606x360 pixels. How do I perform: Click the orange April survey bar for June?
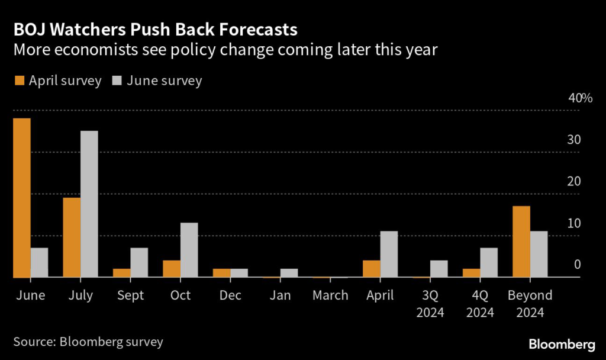21,198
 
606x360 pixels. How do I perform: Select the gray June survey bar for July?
89,204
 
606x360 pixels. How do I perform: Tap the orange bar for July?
72,237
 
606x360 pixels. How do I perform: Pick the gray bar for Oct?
189,250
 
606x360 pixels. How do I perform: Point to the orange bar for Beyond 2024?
521,242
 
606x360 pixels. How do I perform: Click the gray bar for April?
389,254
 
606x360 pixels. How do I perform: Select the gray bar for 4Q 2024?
489,262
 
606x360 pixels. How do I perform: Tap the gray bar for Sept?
139,262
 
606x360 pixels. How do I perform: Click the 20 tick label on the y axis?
573,182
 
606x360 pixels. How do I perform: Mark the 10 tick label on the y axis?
573,223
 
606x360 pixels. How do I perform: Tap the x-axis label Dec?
230,295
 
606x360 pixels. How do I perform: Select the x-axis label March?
330,295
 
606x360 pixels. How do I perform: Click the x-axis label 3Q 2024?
430,303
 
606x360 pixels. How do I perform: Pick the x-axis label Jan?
280,295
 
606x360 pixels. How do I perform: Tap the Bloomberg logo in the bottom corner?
562,344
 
